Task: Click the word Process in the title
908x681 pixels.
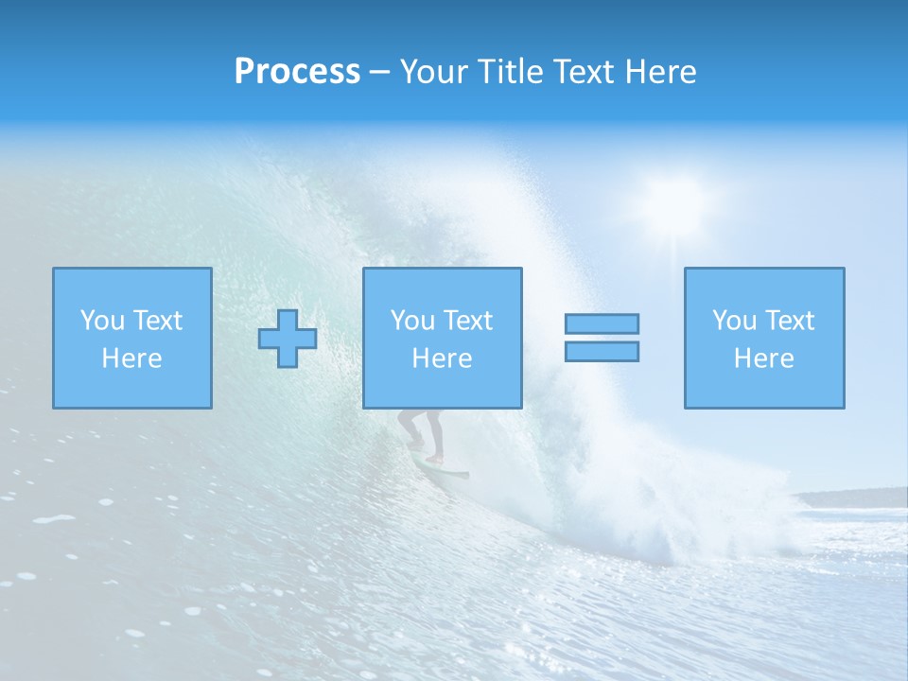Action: click(297, 72)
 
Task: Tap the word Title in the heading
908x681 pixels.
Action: click(509, 72)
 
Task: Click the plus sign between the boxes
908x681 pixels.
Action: click(288, 339)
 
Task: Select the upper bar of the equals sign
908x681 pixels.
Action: click(602, 323)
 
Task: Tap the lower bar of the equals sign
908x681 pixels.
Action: click(602, 351)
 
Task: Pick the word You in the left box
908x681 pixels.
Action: click(102, 321)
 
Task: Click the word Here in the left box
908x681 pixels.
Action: click(131, 358)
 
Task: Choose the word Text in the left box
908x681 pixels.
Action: click(156, 321)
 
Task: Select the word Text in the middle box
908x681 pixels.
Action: click(466, 321)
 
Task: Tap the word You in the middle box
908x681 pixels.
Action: click(412, 321)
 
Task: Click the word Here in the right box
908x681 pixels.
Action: click(763, 358)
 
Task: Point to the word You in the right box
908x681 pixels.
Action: click(734, 321)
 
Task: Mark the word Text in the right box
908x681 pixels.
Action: click(788, 321)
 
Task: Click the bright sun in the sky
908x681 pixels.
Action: click(673, 201)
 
